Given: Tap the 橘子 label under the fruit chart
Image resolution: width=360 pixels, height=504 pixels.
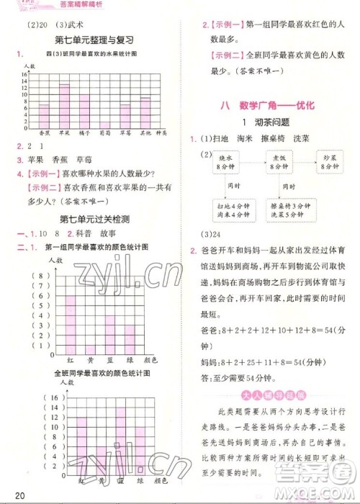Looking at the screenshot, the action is tap(84, 133).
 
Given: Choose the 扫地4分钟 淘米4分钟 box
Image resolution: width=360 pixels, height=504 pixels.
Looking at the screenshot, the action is tap(225, 210).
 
